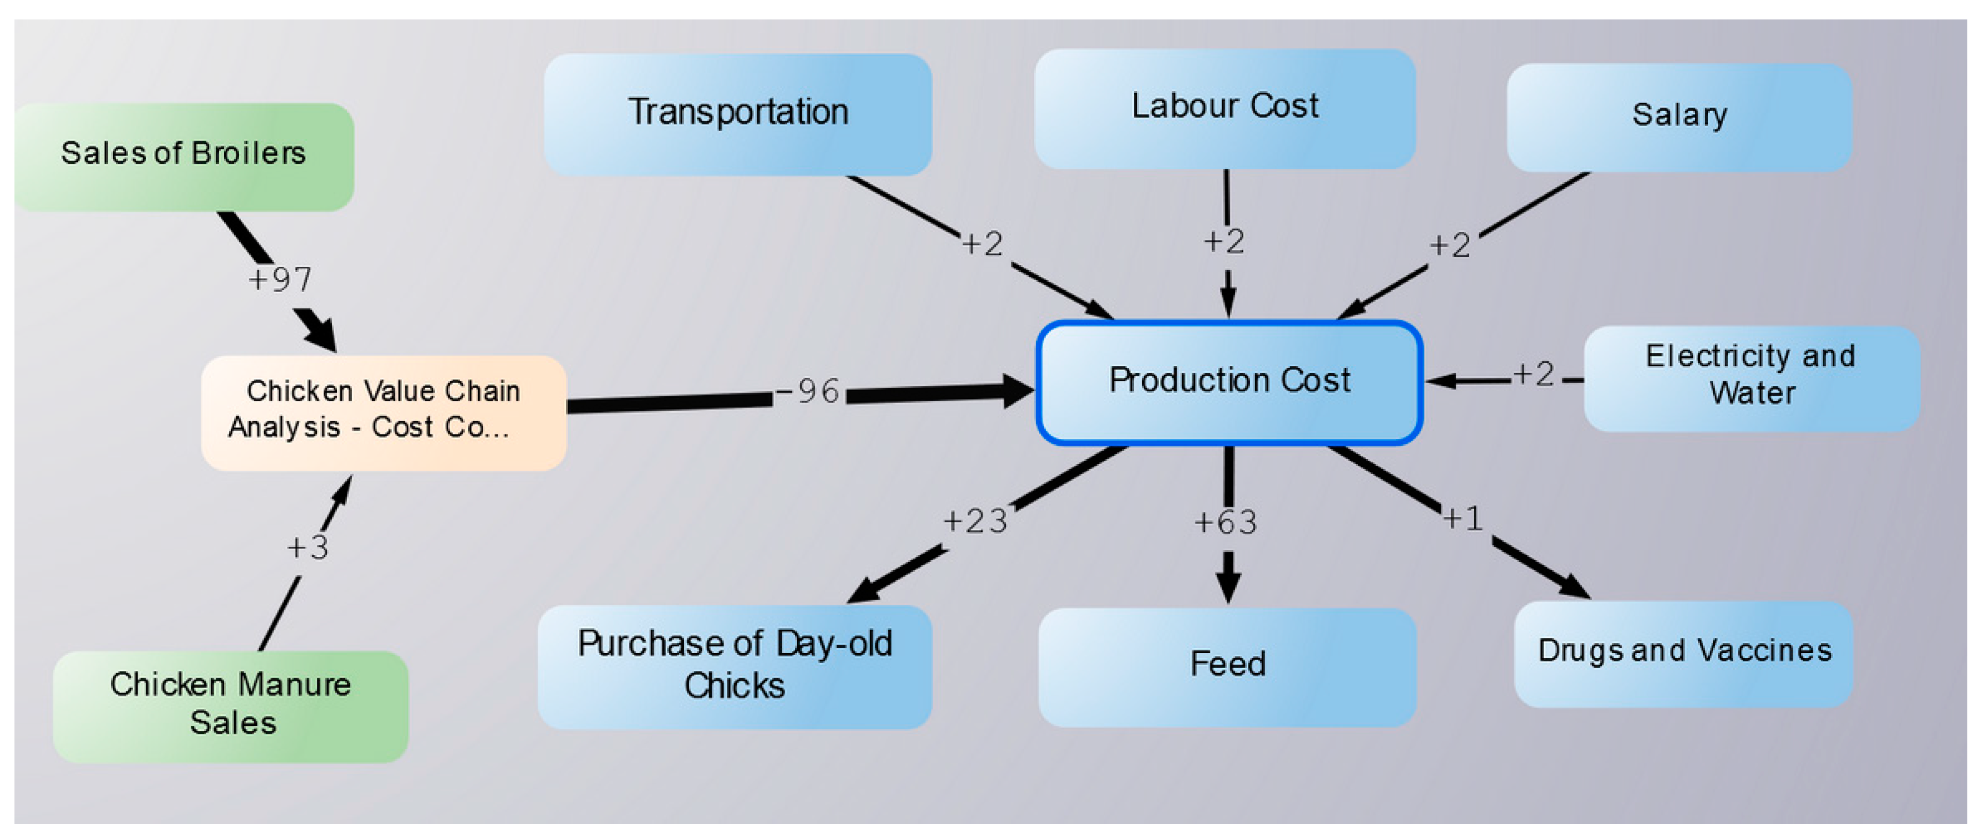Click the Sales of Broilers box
[183, 156]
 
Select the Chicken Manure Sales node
[230, 705]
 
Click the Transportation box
[737, 113]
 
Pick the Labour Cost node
[1224, 108]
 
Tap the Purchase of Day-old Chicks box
[734, 665]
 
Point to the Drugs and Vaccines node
[1684, 653]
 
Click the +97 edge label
[280, 280]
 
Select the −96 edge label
[808, 392]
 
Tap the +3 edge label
[307, 547]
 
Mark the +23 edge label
[975, 522]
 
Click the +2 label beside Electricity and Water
[1534, 375]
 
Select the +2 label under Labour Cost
[1224, 242]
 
